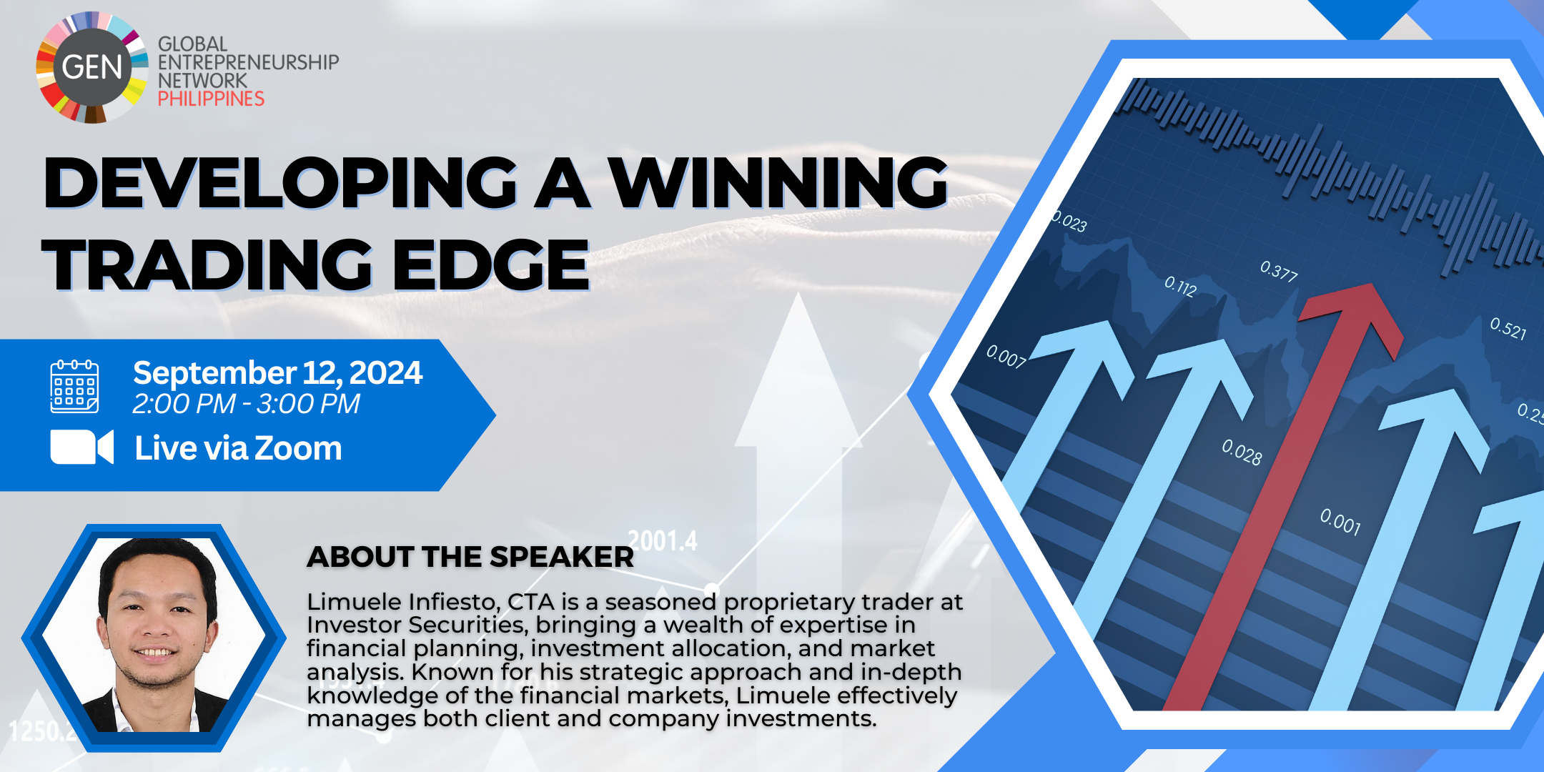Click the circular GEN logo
[x=92, y=67]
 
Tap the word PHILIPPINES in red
[x=211, y=99]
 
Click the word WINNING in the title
[x=778, y=182]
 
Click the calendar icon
[x=74, y=387]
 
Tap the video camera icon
[x=82, y=447]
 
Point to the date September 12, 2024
[x=277, y=373]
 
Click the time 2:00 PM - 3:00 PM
[x=246, y=405]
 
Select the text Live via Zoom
[x=238, y=448]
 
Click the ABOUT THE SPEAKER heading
[x=470, y=557]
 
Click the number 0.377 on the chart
[x=1279, y=272]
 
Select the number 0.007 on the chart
[x=1006, y=356]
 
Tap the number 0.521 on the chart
[x=1508, y=328]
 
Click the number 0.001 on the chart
[x=1340, y=522]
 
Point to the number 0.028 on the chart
[x=1242, y=452]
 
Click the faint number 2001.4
[x=662, y=541]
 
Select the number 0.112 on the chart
[x=1180, y=286]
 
